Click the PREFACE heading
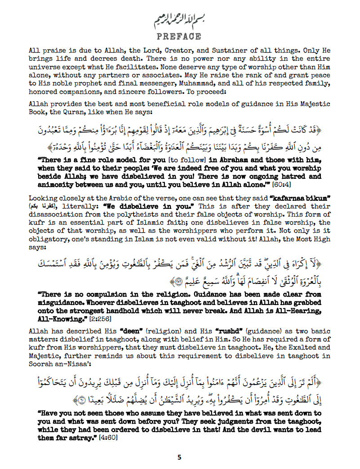180,35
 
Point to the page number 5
179,457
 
